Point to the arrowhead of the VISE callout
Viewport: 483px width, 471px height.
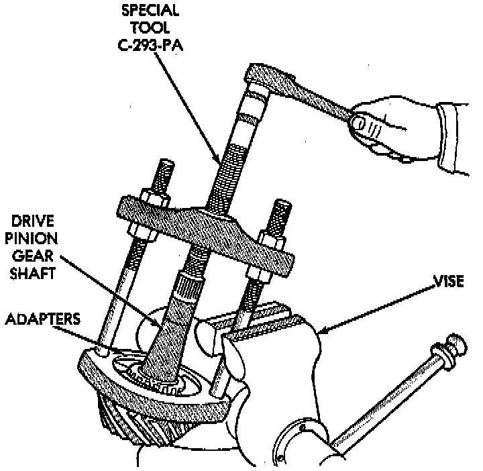322,330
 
